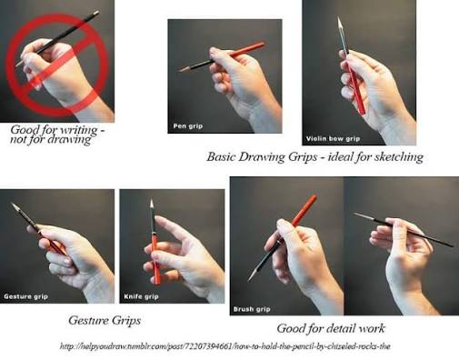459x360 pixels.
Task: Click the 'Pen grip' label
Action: [x=188, y=125]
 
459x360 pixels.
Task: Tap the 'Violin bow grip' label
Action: [x=333, y=139]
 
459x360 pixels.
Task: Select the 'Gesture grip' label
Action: [x=25, y=296]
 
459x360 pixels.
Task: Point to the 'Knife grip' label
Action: [x=141, y=296]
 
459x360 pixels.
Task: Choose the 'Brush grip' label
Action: [x=252, y=309]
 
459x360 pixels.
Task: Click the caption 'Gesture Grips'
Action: [x=105, y=321]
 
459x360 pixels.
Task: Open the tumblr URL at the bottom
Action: [x=225, y=346]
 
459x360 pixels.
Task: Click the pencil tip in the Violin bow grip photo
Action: [x=339, y=18]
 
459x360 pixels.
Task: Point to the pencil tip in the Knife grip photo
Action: [x=152, y=201]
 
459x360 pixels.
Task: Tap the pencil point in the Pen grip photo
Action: [x=179, y=71]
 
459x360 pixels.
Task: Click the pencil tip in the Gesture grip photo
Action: [x=12, y=204]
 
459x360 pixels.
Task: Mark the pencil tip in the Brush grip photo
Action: [x=249, y=280]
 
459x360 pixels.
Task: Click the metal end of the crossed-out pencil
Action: [x=96, y=13]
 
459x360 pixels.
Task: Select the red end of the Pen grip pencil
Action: [x=263, y=45]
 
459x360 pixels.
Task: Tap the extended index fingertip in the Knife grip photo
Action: [x=158, y=219]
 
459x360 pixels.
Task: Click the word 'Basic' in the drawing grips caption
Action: [x=222, y=156]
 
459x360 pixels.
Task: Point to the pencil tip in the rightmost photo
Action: [x=354, y=214]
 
